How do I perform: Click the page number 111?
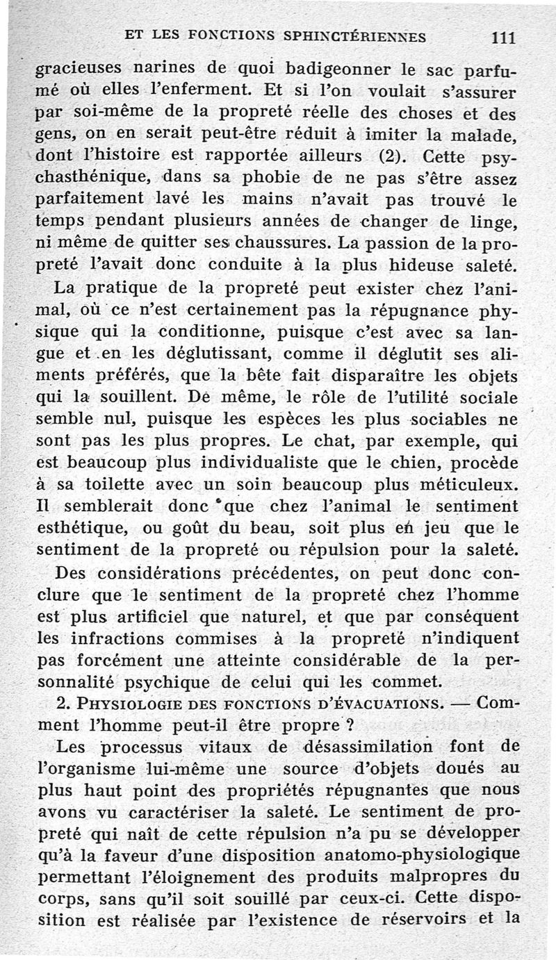(502, 38)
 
